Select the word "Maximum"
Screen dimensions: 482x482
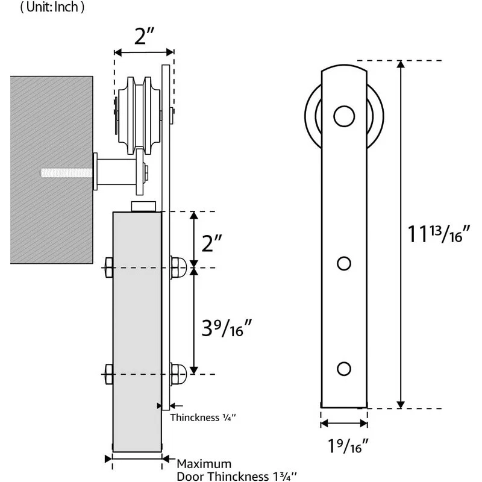[x=204, y=463]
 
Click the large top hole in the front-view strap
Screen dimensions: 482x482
[x=343, y=116]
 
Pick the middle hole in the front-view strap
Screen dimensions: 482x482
[x=343, y=263]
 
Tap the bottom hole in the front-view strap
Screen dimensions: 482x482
[x=343, y=368]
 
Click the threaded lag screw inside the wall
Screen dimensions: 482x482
[x=66, y=173]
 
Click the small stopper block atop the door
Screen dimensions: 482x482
[x=143, y=206]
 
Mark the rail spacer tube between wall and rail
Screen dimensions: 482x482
[x=119, y=171]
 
